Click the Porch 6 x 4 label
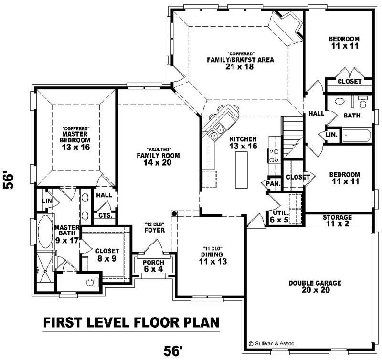tap(153, 266)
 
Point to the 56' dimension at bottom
tap(174, 352)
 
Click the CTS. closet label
tap(105, 215)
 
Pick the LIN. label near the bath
tap(332, 135)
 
